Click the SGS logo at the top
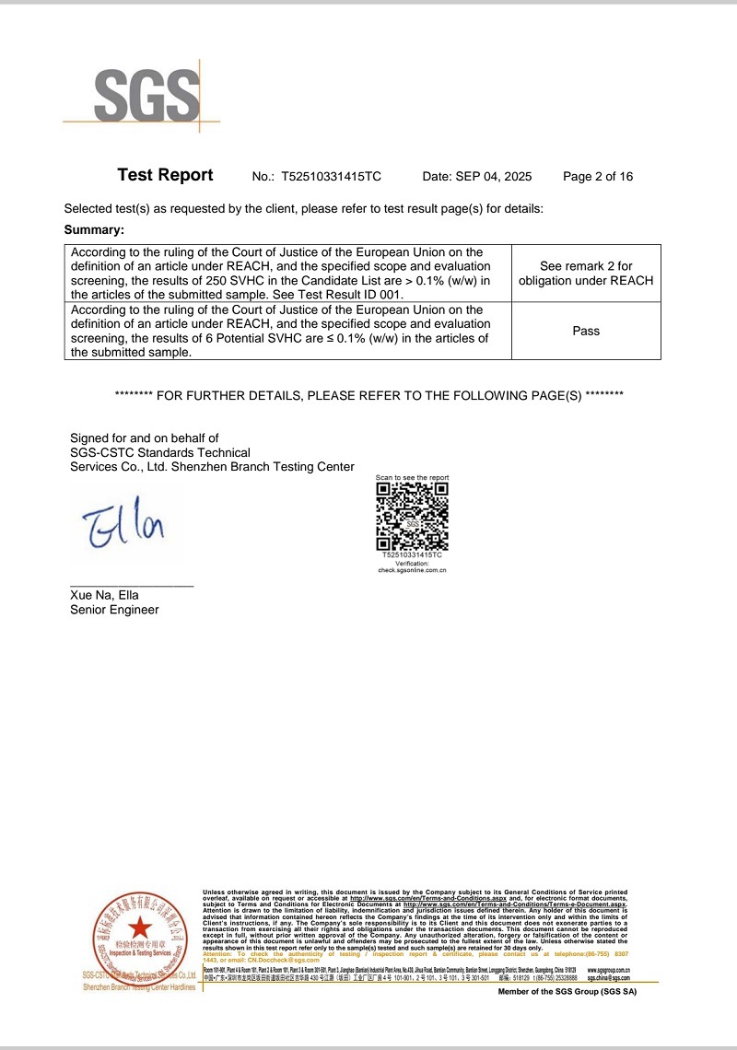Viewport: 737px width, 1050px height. point(146,94)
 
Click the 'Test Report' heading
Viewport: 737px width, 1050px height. point(165,176)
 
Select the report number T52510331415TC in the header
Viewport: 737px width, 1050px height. point(331,177)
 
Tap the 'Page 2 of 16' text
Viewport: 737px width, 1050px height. point(598,177)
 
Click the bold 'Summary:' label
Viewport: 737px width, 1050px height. point(94,229)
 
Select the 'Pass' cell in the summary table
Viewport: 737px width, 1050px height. point(586,331)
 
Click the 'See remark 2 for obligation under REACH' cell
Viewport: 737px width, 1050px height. point(586,274)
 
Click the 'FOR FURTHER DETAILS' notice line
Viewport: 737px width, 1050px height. point(369,395)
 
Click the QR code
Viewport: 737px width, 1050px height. point(412,516)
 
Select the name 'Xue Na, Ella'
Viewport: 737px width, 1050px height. point(104,595)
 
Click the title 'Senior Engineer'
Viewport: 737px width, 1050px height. point(114,610)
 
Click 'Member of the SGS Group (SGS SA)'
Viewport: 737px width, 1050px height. point(567,992)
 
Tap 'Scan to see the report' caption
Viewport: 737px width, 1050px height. point(412,478)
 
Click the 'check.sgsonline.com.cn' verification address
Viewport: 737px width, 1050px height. point(412,571)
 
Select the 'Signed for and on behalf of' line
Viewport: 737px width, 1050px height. point(145,437)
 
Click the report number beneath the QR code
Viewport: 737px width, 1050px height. point(412,555)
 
